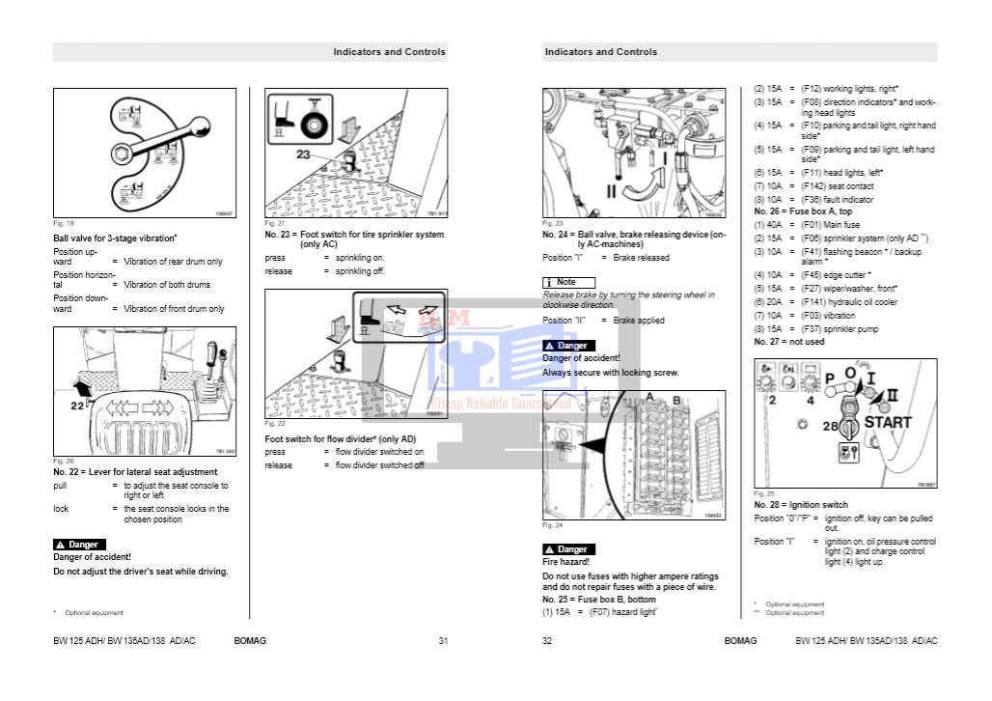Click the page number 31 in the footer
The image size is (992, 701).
(x=444, y=641)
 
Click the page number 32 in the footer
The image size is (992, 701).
(x=547, y=641)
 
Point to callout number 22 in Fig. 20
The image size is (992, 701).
(x=77, y=406)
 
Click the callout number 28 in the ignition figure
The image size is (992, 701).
(x=830, y=426)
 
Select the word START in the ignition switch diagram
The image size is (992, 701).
(x=887, y=422)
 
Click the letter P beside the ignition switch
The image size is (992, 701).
(x=827, y=379)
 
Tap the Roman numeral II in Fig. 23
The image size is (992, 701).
(x=611, y=191)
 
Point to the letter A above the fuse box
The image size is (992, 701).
(x=649, y=397)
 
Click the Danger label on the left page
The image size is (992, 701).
(x=80, y=545)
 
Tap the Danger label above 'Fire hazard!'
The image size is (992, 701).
(x=569, y=549)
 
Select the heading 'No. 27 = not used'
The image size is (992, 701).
(x=789, y=342)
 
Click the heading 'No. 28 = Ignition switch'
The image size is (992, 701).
(x=801, y=505)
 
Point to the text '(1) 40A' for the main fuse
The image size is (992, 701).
(x=768, y=224)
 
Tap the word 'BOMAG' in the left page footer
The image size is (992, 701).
(x=250, y=641)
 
